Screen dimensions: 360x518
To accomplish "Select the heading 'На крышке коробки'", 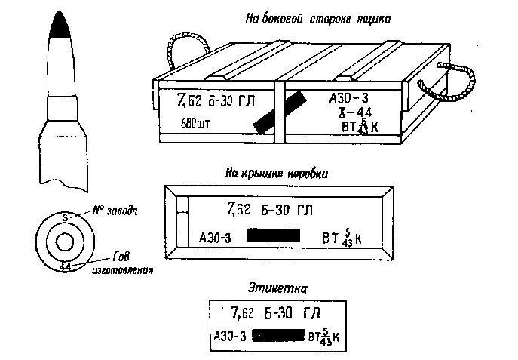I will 276,173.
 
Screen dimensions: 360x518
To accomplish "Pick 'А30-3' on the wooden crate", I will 348,99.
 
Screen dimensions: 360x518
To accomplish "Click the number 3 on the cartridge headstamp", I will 66,217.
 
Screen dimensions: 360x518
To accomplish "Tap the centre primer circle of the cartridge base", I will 64,242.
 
